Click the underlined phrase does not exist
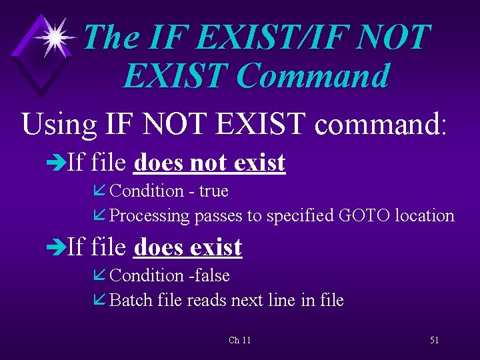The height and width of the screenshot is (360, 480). click(x=209, y=162)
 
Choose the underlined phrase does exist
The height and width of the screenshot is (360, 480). click(x=187, y=247)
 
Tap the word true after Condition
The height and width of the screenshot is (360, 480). click(x=213, y=191)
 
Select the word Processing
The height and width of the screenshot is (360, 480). click(x=149, y=216)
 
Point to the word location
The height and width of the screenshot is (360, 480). click(x=425, y=215)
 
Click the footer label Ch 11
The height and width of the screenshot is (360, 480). click(x=239, y=341)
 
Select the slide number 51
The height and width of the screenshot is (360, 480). click(x=434, y=341)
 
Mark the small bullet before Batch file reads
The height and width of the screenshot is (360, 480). click(x=101, y=301)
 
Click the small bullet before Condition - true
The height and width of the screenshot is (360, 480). click(x=101, y=192)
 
